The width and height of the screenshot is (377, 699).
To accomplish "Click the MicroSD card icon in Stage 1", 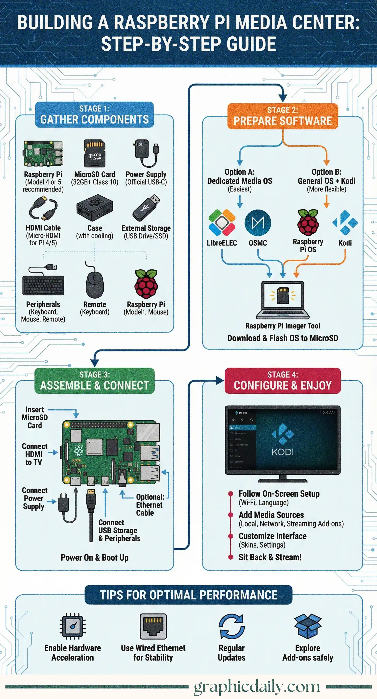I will [95, 153].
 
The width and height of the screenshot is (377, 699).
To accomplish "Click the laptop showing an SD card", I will [283, 300].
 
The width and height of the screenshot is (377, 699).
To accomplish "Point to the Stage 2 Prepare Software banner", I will [283, 116].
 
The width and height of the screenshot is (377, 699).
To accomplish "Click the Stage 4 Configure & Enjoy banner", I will [283, 381].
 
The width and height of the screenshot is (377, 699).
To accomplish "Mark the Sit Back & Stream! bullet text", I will [270, 557].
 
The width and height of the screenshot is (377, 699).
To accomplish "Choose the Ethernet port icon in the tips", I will [153, 627].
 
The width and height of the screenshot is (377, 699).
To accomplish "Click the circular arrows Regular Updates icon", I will [232, 627].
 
